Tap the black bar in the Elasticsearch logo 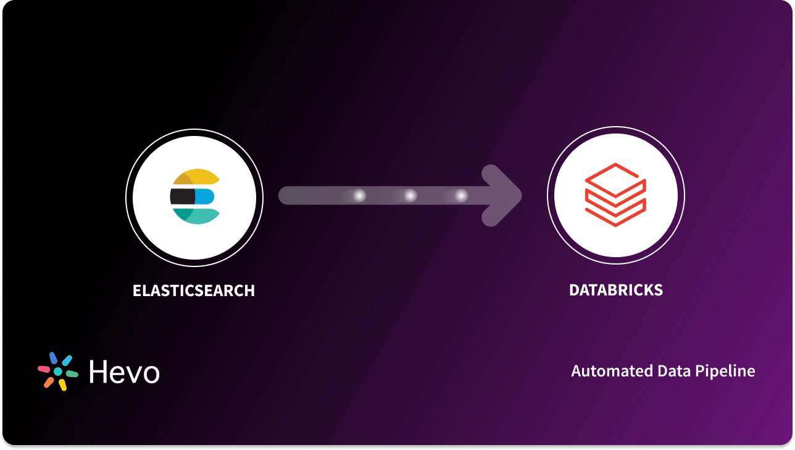click(183, 197)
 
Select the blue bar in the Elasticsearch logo click(205, 197)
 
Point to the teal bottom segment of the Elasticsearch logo click(196, 216)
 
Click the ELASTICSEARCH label click(194, 291)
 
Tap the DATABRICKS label click(616, 290)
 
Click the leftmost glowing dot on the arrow click(359, 196)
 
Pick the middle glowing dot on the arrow click(410, 196)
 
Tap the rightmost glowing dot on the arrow click(461, 196)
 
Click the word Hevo click(124, 372)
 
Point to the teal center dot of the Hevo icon click(58, 371)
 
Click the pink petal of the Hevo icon click(44, 369)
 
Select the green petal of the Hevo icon click(72, 374)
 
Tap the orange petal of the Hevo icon click(49, 383)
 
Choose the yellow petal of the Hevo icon click(62, 385)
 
